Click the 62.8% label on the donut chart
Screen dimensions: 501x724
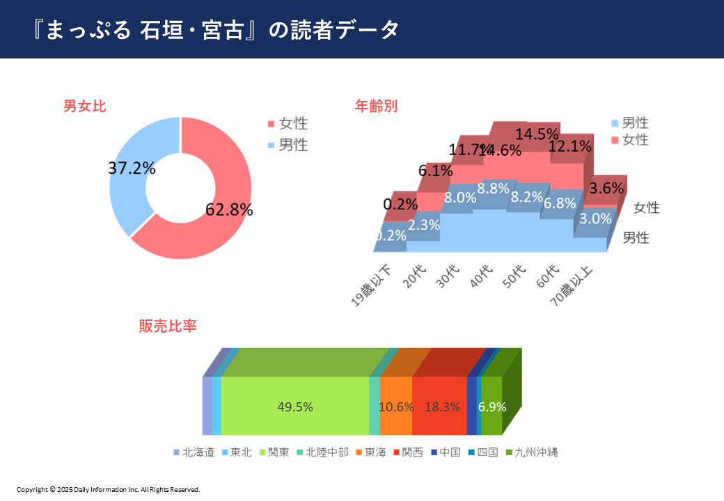[x=229, y=209]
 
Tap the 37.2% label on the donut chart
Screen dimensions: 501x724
[x=132, y=168]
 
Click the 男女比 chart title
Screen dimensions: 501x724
[x=84, y=106]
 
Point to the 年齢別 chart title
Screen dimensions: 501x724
[x=376, y=106]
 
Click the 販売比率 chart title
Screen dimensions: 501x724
[x=168, y=325]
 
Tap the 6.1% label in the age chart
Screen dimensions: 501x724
[x=435, y=170]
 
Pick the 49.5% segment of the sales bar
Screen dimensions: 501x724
[x=295, y=407]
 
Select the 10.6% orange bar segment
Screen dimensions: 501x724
[x=396, y=407]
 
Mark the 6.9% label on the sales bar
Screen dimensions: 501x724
[x=491, y=407]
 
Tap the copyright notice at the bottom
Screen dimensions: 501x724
[x=108, y=490]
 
